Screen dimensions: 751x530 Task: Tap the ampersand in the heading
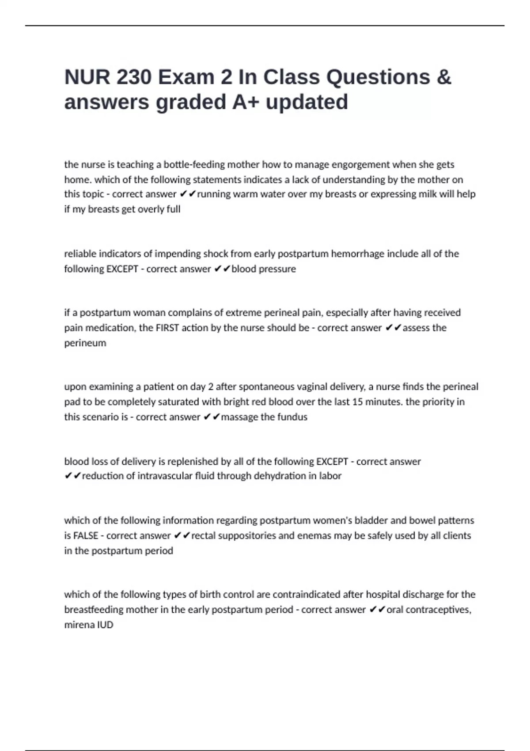pos(443,77)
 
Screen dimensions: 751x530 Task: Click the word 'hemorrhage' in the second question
pos(358,254)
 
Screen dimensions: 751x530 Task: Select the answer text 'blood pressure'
pos(264,269)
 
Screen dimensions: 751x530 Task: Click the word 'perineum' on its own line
pos(85,343)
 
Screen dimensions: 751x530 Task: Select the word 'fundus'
pos(294,417)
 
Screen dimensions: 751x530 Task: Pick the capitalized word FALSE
pos(85,536)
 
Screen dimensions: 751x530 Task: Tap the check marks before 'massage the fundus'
pos(211,417)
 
